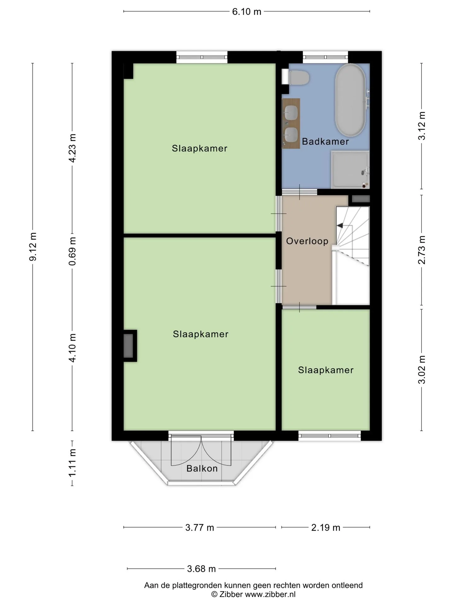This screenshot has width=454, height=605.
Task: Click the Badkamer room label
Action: point(325,141)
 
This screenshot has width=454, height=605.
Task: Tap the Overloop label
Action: point(307,241)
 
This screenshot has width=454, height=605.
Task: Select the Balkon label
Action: point(202,468)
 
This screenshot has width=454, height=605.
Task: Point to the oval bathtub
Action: point(350,100)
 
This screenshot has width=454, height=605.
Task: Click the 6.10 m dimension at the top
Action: point(247,12)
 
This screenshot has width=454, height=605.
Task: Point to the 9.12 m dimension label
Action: point(33,247)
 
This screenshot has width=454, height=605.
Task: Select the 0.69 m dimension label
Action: point(73,251)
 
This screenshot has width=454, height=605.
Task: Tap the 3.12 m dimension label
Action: point(422,126)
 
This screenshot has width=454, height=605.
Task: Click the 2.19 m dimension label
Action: point(326,527)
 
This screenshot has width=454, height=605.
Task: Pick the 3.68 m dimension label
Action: point(201,569)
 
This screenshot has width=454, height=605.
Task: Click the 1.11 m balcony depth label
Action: point(73,463)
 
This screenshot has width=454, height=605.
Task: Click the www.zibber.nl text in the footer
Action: point(270,595)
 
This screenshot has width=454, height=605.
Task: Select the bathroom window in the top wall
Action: point(326,57)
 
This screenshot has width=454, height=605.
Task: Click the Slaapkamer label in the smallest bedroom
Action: point(326,370)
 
